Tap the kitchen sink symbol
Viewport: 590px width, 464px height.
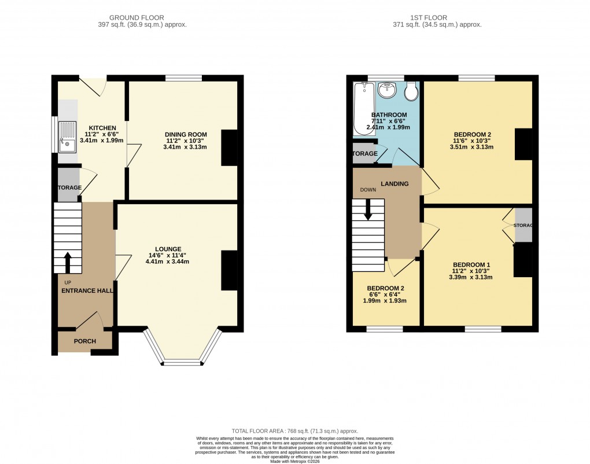[68, 137]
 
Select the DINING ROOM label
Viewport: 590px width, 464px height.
[186, 134]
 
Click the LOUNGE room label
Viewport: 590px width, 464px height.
[168, 249]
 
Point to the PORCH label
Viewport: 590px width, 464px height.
[84, 341]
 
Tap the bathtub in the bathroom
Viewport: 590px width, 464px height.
[363, 109]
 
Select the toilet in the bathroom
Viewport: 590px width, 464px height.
[411, 92]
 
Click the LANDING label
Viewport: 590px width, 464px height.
[394, 184]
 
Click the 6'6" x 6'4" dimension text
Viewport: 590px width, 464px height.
[385, 294]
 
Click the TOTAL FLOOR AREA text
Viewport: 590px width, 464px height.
[295, 431]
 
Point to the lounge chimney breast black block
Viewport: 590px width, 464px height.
[230, 270]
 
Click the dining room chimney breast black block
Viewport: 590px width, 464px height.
[230, 148]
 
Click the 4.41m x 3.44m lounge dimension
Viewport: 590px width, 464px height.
[168, 262]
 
